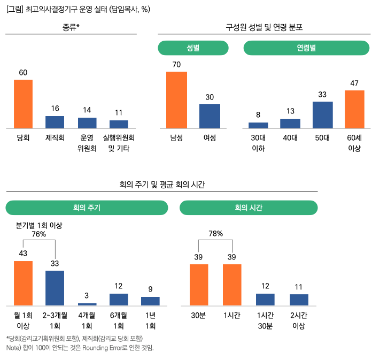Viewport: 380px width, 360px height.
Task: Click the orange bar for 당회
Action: click(x=23, y=104)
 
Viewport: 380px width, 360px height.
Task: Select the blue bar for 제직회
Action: click(x=55, y=122)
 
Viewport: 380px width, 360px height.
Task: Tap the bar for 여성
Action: click(x=210, y=116)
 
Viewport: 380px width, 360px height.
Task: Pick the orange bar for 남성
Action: click(x=176, y=100)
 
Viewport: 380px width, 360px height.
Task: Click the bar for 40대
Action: click(x=290, y=124)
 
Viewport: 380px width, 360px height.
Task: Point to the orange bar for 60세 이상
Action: click(x=354, y=109)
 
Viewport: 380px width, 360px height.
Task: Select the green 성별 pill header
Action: click(x=193, y=48)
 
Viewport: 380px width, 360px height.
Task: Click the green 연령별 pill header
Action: click(x=307, y=48)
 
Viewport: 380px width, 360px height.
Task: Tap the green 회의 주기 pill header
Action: click(x=87, y=208)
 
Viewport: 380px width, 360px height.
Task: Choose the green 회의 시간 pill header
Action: click(x=249, y=208)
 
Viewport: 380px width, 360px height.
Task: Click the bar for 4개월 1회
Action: click(x=87, y=304)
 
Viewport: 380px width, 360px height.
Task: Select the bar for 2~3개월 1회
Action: click(x=55, y=288)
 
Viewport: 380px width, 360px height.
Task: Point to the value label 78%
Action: click(x=215, y=233)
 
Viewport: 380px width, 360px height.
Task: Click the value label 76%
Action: click(x=39, y=234)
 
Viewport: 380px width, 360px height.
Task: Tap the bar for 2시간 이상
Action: click(x=299, y=300)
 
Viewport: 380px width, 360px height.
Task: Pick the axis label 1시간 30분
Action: click(x=265, y=320)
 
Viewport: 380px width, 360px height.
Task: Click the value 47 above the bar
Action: click(x=354, y=83)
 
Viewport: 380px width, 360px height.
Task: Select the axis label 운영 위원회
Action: click(x=87, y=143)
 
